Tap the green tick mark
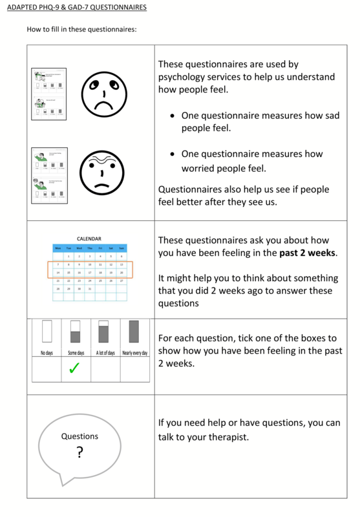[74, 368]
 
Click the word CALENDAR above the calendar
[89, 238]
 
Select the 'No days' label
[47, 352]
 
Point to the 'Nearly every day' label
[134, 352]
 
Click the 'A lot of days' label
[105, 352]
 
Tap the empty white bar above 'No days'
[47, 332]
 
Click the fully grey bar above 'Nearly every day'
[134, 332]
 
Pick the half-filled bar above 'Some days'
[75, 332]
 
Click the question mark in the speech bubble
[79, 452]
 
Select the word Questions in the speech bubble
[79, 436]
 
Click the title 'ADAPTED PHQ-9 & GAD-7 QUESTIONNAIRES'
[77, 8]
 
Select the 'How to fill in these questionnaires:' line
[81, 29]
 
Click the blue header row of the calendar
[90, 248]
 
